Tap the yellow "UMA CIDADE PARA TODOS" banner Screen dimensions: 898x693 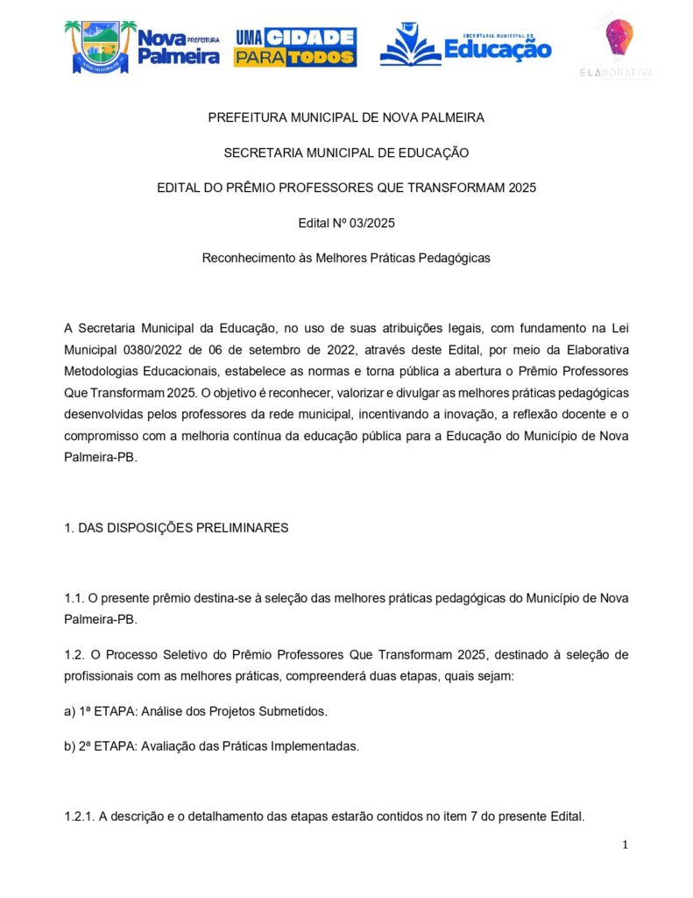pyautogui.click(x=294, y=47)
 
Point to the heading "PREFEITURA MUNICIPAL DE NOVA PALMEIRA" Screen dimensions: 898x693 pyautogui.click(x=346, y=117)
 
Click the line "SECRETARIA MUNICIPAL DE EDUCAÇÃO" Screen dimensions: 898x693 pyautogui.click(x=346, y=153)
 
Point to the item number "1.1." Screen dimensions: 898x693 pyautogui.click(x=74, y=597)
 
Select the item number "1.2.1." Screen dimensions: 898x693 pyautogui.click(x=81, y=816)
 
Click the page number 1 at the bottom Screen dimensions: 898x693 pyautogui.click(x=625, y=845)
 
